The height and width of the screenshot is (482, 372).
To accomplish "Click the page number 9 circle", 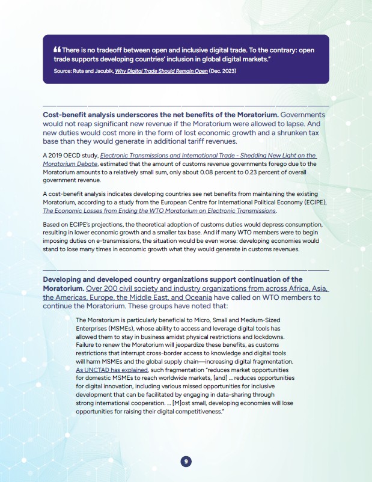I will coord(186,461).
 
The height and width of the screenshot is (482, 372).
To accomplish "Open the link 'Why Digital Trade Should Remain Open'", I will coord(163,70).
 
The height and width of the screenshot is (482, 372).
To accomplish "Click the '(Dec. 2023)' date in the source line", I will coord(225,70).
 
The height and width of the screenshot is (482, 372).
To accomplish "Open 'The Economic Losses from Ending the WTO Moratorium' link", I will coord(159,211).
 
